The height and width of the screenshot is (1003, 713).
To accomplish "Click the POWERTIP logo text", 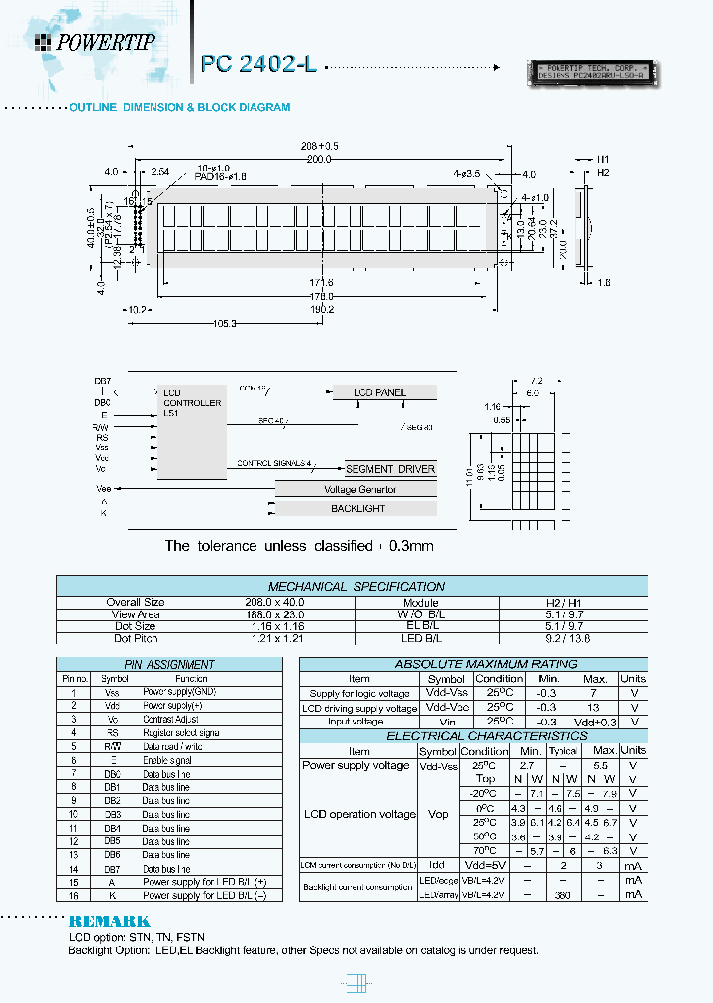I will [102, 41].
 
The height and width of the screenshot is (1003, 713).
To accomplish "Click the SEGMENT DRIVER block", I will [389, 469].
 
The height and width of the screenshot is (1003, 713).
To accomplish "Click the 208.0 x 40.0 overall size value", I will [136, 602].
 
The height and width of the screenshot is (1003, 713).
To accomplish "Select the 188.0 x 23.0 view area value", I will [136, 614].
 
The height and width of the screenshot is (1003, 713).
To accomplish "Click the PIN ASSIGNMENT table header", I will [168, 664].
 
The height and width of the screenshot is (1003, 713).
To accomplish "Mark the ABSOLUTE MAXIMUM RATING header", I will [472, 664].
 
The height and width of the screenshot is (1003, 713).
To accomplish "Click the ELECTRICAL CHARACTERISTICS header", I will [472, 736].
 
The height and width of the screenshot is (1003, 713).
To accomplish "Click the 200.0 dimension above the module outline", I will [318, 158].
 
